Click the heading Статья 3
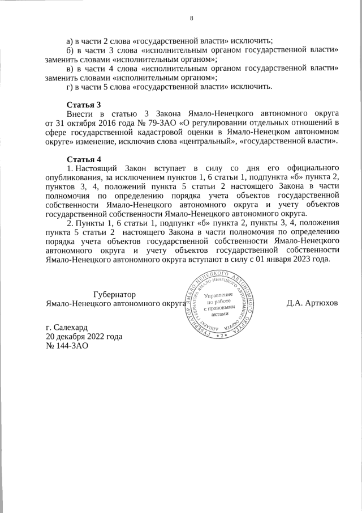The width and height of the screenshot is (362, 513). [x=84, y=105]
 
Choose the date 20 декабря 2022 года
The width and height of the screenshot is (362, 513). [x=84, y=337]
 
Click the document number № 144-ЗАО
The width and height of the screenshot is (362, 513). [x=67, y=346]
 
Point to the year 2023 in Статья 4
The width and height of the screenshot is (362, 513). [x=298, y=259]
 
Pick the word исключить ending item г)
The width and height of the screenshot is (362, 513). [x=253, y=87]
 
